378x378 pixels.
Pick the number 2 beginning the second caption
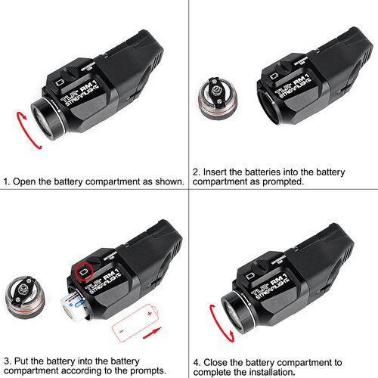(x=196, y=172)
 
